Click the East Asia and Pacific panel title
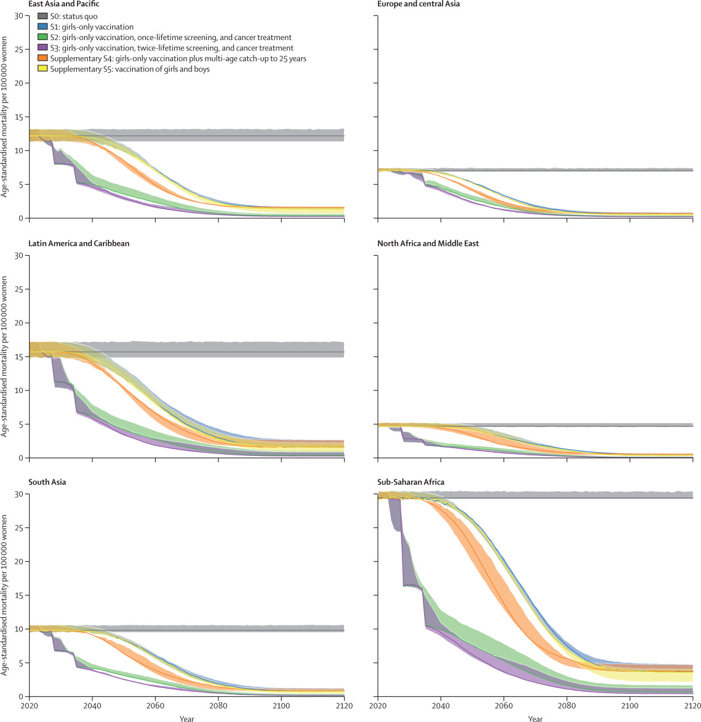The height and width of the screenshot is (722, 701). [x=64, y=4]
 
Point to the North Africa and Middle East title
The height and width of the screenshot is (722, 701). [x=428, y=243]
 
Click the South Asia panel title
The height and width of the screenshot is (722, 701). [x=47, y=482]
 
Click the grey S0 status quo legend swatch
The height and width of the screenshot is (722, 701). [x=42, y=15]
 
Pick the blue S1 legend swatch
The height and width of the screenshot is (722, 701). [x=42, y=26]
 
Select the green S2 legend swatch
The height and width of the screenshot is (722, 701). [x=42, y=38]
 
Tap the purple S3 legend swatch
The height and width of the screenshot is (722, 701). [x=42, y=48]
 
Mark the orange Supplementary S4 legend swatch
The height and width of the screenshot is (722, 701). [x=42, y=59]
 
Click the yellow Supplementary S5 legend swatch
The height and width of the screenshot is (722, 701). [x=42, y=69]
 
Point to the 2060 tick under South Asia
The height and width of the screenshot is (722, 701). [x=155, y=706]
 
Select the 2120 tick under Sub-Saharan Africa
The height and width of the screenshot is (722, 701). [x=692, y=706]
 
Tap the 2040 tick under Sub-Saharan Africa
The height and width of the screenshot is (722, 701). [x=441, y=706]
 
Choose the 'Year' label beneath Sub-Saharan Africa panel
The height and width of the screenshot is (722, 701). [x=535, y=718]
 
